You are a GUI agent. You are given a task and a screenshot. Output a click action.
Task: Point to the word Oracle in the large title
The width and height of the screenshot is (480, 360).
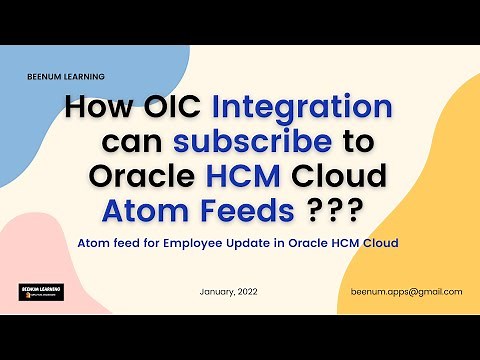pyautogui.click(x=140, y=176)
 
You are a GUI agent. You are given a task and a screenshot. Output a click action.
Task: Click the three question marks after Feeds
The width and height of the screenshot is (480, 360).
pyautogui.click(x=333, y=210)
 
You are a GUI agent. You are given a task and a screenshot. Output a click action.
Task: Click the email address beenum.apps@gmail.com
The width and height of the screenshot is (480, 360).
pyautogui.click(x=406, y=291)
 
